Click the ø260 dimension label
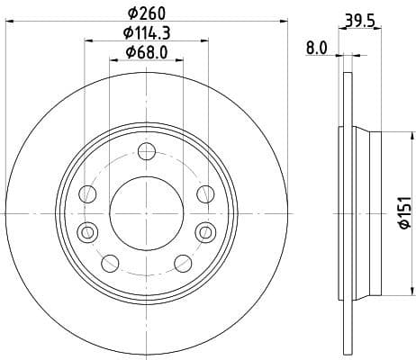pyautogui.click(x=147, y=13)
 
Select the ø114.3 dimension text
pyautogui.click(x=147, y=32)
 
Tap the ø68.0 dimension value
pyautogui.click(x=147, y=51)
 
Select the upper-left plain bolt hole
pyautogui.click(x=88, y=193)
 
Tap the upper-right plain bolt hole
pyautogui.click(x=205, y=193)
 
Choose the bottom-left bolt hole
pyautogui.click(x=110, y=263)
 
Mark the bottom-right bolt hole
pyautogui.click(x=183, y=263)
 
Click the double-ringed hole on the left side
pyautogui.click(x=87, y=231)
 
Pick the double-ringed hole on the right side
pyautogui.click(x=206, y=231)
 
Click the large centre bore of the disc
pyautogui.click(x=147, y=213)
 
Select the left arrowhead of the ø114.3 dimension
pyautogui.click(x=88, y=40)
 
